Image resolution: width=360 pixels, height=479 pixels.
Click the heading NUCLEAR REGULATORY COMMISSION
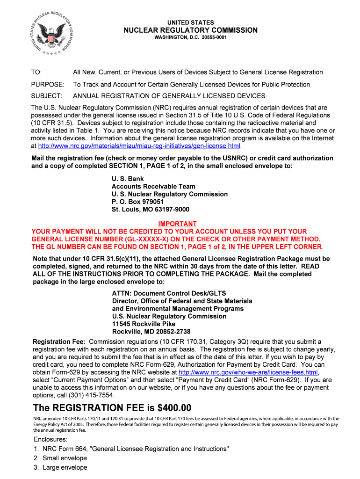(x=190, y=30)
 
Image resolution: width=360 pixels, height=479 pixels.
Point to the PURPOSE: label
(x=47, y=85)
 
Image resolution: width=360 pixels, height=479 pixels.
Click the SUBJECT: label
(x=46, y=96)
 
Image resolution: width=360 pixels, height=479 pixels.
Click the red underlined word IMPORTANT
(x=177, y=224)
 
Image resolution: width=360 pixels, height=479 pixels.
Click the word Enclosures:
(x=50, y=440)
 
